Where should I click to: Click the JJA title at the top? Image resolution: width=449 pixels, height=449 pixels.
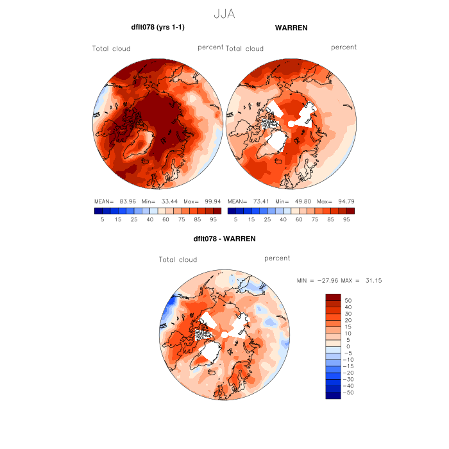coord(224,13)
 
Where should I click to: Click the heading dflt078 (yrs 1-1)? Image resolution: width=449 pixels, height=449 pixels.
coord(158,28)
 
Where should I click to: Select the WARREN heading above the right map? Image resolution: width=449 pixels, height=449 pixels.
coord(291,28)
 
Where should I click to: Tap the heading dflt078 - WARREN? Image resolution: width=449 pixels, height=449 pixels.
coord(224,239)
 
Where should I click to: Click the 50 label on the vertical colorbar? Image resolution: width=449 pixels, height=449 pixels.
coord(349,300)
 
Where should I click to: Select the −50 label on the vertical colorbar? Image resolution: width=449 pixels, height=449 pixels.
coord(346,392)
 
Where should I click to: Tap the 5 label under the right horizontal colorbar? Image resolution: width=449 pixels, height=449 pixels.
coord(235,219)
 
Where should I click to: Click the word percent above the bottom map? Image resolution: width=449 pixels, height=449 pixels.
coord(277,258)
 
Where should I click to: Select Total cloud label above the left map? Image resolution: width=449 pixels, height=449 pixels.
coord(111,49)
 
